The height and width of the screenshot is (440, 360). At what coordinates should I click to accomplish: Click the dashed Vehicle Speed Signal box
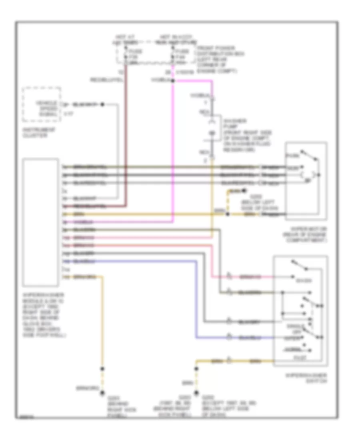click(x=42, y=104)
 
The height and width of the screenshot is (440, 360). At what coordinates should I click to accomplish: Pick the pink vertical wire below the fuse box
click(x=173, y=152)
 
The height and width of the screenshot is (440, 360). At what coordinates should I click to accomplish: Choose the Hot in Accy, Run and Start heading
click(x=176, y=40)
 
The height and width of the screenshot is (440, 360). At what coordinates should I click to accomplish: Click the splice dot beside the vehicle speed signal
click(x=102, y=104)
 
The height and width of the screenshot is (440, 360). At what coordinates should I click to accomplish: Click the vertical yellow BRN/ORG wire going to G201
click(x=102, y=320)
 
